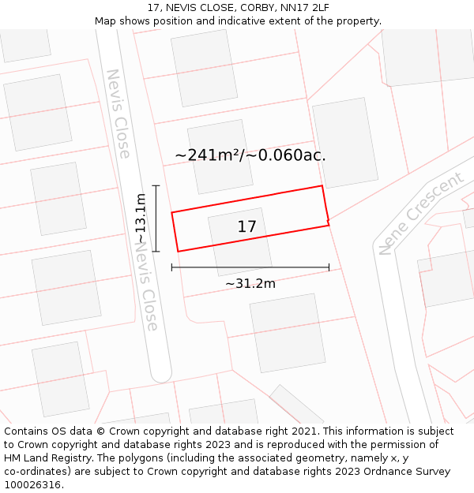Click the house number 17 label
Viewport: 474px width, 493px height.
pos(246,227)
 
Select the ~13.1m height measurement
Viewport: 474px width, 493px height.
pos(141,218)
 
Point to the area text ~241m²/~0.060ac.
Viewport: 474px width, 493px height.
pos(250,155)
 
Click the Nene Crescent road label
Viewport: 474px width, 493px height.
pos(421,213)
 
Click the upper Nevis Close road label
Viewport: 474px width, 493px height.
pos(118,114)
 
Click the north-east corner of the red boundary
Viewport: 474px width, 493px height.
pos(322,186)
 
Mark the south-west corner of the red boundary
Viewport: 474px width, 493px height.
pos(178,252)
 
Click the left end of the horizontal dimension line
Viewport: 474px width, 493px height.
pos(172,268)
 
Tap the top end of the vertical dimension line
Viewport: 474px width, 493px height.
pos(156,186)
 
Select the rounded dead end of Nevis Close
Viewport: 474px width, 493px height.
pos(161,374)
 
